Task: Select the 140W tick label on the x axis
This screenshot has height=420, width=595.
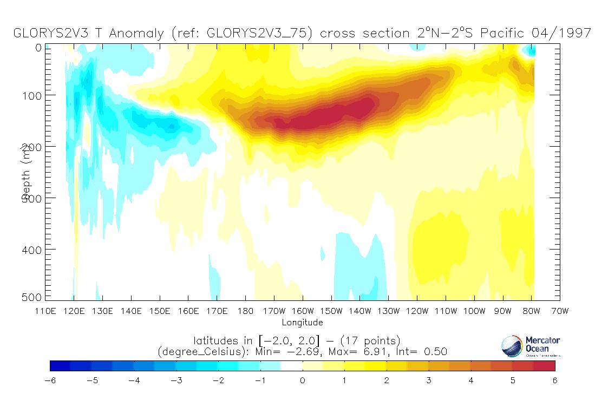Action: pos(360,312)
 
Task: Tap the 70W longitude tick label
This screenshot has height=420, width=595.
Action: pos(560,312)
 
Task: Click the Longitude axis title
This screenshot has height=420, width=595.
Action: pos(302,323)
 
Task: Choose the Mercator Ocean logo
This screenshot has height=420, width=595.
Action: pos(530,346)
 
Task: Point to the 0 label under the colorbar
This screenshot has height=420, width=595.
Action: pos(303,380)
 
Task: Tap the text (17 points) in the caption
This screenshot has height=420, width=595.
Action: pos(369,340)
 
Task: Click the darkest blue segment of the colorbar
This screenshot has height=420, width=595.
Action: pos(60,366)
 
